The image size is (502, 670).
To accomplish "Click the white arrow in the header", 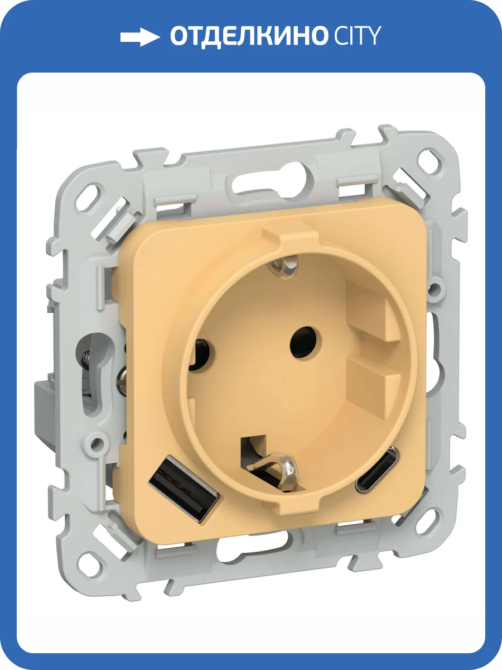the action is point(140,37).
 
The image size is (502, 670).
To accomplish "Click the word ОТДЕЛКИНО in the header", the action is point(248,36).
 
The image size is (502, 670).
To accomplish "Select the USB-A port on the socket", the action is point(184,486).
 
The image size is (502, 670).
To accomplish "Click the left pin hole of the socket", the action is point(199,354).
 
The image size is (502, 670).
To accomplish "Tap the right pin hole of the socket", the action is point(306,342).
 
